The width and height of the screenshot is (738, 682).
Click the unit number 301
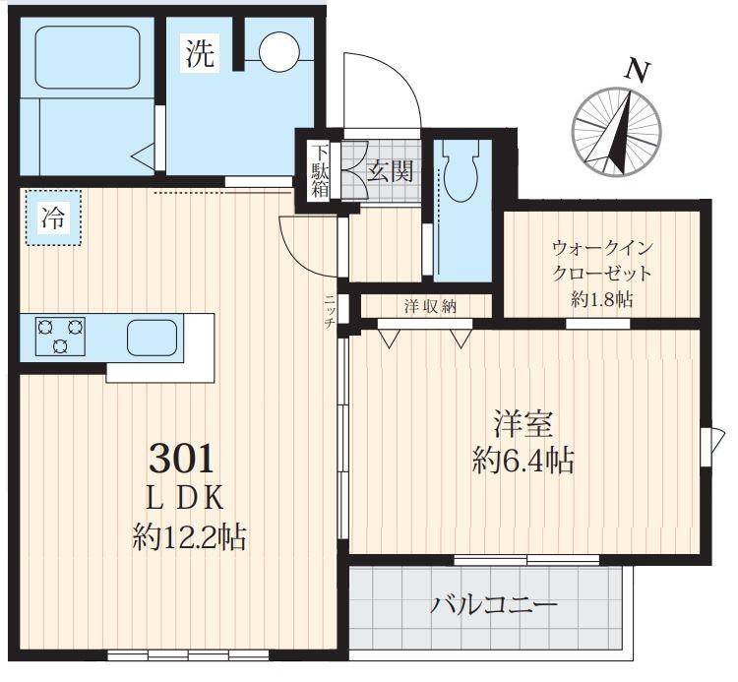tap(181, 458)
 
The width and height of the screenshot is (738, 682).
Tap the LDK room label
tap(182, 498)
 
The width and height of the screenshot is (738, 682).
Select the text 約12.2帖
tap(189, 537)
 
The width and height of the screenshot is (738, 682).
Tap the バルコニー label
tap(494, 604)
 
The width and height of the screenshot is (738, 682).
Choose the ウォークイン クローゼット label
tap(601, 259)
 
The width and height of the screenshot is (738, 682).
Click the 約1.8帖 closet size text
tap(601, 299)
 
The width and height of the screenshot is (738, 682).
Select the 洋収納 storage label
tap(430, 306)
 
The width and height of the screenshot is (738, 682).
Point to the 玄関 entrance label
tap(390, 171)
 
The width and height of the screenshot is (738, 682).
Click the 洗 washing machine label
tap(200, 54)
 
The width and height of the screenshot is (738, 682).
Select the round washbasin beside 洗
tap(277, 51)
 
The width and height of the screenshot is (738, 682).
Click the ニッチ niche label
tap(330, 311)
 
